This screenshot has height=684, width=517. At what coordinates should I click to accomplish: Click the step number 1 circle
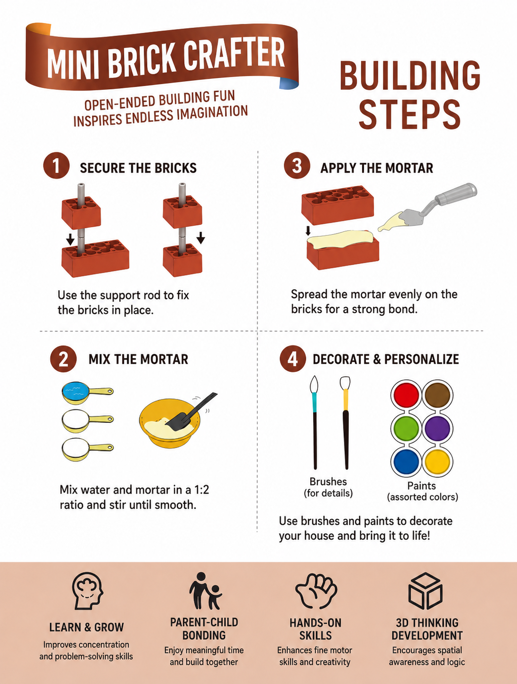(56, 166)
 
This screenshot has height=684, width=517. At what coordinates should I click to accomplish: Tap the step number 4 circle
(292, 359)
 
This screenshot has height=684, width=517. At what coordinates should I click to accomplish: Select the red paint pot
(406, 394)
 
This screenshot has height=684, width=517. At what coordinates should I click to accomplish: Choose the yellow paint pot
(437, 461)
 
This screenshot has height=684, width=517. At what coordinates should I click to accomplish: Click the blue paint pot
(406, 461)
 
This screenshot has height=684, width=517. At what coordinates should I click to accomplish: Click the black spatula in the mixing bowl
(190, 412)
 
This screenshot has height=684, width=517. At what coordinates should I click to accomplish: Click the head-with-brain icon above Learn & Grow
(88, 591)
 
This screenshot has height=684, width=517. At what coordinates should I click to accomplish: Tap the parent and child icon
(205, 591)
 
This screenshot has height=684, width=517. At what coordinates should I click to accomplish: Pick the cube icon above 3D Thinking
(425, 591)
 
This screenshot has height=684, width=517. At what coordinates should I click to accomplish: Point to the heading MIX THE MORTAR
(138, 359)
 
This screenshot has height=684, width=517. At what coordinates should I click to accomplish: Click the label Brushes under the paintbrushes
(328, 482)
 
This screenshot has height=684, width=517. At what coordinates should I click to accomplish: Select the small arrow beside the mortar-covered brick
(308, 231)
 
